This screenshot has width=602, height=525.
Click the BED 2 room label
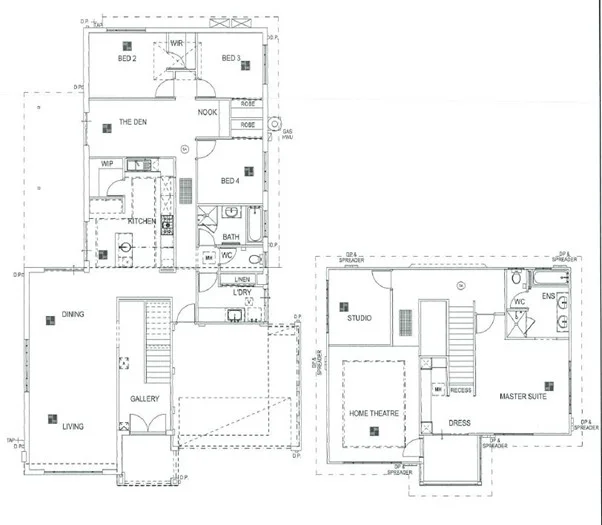pos(127,59)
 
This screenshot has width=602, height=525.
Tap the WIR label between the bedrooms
pos(177,43)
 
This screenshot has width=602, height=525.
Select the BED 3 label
pos(230,59)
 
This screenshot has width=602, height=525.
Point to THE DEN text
pos(134,122)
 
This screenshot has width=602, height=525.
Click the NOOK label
pos(207,112)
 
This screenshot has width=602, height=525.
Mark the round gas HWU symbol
pos(288,124)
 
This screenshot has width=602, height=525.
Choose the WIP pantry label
pos(106,163)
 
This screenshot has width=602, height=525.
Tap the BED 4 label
pos(230,181)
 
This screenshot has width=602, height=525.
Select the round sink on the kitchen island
pos(126,244)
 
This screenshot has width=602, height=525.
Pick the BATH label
pos(230,237)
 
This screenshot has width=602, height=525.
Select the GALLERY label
pos(145,399)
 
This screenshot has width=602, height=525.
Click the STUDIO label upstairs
pos(359,318)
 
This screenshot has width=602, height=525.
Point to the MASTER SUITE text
pos(522,397)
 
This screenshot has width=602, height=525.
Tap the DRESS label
pos(459,422)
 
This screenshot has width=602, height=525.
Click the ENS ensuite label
pos(547,297)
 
